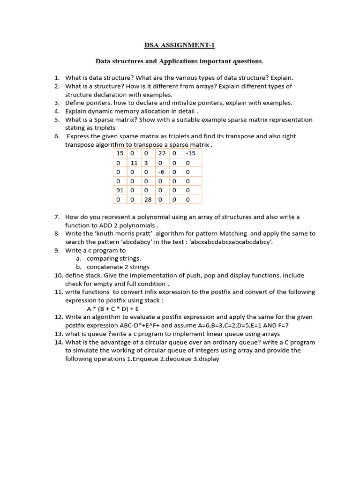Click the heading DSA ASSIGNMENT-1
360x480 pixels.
click(x=180, y=45)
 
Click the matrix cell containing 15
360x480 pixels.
click(x=120, y=153)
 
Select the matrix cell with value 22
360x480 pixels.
click(x=162, y=153)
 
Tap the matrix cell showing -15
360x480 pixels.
click(x=191, y=153)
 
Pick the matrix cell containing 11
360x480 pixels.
click(x=134, y=163)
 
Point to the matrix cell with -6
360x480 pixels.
click(x=162, y=172)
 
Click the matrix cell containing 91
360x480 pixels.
click(x=120, y=190)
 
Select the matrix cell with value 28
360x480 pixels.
click(x=148, y=200)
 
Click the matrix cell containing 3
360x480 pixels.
click(x=146, y=163)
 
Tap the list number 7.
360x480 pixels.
click(x=57, y=217)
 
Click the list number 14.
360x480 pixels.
click(x=58, y=342)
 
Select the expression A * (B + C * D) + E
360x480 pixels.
click(x=113, y=309)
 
